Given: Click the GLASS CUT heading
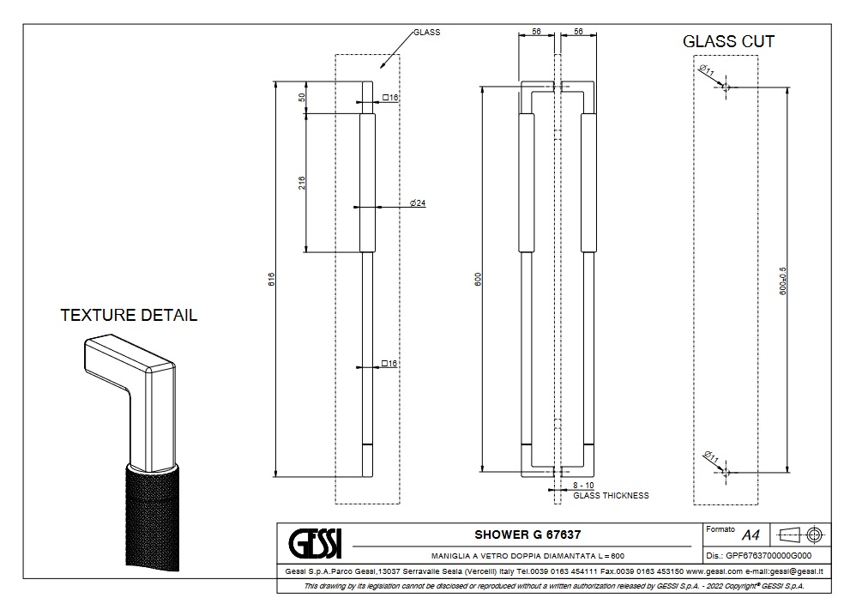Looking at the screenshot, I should pos(728,41).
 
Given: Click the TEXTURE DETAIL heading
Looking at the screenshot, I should pos(129,315).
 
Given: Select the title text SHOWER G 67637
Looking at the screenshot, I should pos(521,535).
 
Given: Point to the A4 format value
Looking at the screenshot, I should pos(751,535).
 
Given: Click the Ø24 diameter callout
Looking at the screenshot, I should pos(418,203).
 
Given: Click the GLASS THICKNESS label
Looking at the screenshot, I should pos(611,496).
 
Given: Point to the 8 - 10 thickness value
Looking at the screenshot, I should pos(583,486).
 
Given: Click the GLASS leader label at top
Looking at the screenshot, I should pos(426,32).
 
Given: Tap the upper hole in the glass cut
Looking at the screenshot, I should pos(726,88).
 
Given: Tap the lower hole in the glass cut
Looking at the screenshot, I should pos(726,471).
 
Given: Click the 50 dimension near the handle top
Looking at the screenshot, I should pos(302,98).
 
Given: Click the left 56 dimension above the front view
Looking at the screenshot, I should pos(537,31).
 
